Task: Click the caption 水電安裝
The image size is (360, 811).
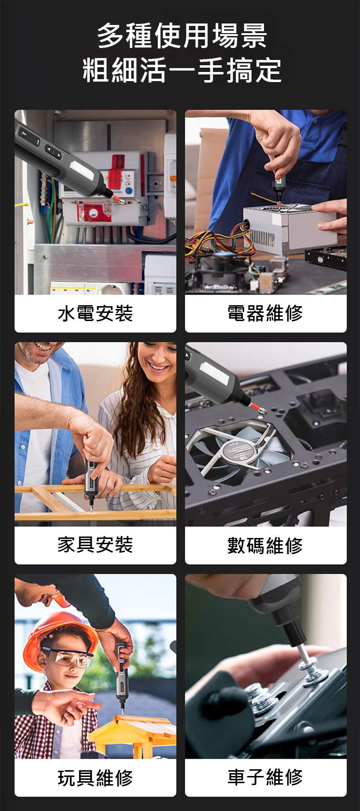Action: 95,313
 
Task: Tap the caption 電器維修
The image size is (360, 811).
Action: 265,313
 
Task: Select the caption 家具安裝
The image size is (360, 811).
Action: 95,545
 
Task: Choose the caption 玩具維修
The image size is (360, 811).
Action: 95,777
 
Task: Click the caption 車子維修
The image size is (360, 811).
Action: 265,776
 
